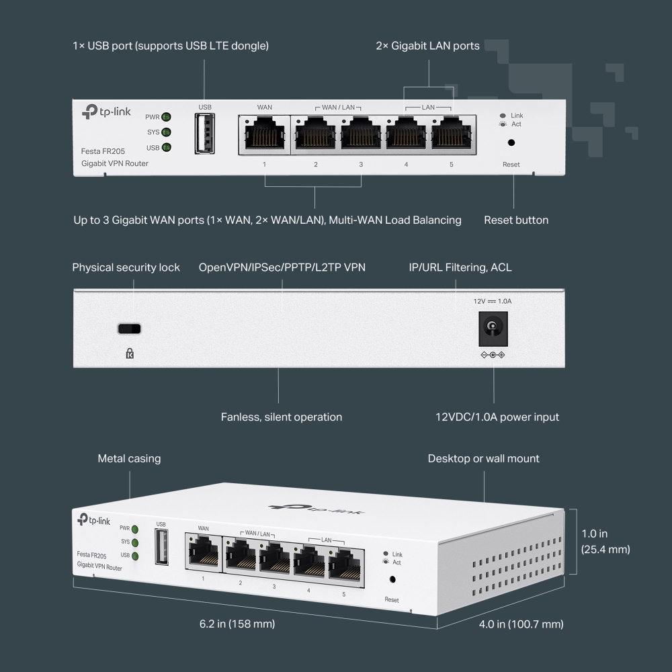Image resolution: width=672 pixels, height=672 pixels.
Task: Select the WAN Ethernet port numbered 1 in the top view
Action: coord(264,134)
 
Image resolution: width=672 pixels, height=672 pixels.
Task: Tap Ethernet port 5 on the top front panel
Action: coord(451,134)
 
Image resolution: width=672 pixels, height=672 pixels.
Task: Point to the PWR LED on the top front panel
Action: coord(165,117)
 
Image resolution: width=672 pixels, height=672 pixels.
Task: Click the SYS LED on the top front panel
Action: coord(165,132)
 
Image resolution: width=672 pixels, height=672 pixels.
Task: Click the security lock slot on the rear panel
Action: coord(130,329)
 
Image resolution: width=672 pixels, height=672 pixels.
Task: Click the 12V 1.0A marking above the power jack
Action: coord(492,301)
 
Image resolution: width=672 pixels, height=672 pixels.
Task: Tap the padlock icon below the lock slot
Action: coord(130,353)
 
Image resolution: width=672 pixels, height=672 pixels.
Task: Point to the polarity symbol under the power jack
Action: coord(493,355)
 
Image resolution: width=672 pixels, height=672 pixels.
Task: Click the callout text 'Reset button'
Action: coord(516,220)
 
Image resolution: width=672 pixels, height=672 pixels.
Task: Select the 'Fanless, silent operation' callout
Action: coord(281,417)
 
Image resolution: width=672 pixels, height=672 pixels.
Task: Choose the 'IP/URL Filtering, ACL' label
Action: coord(460,267)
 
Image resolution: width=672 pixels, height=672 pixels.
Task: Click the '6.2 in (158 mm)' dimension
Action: coord(237,624)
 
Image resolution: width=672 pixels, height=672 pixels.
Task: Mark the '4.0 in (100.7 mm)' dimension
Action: coord(521,624)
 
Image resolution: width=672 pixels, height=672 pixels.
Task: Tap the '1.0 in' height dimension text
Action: coord(595,534)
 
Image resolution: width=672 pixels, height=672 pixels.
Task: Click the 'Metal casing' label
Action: coord(129,459)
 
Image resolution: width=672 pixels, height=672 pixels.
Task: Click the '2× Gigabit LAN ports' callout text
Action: coord(427,46)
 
